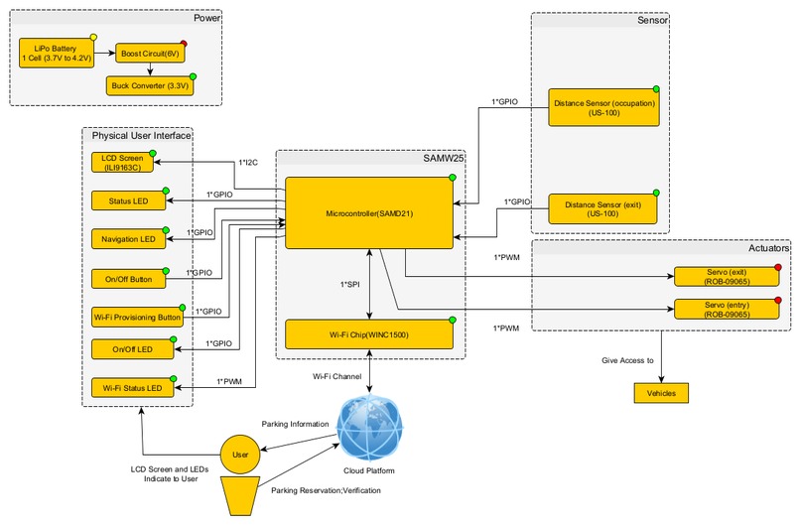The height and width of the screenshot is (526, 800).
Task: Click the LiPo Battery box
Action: pyautogui.click(x=56, y=53)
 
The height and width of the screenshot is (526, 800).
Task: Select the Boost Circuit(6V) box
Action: pyautogui.click(x=149, y=53)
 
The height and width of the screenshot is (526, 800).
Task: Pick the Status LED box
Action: pyautogui.click(x=127, y=201)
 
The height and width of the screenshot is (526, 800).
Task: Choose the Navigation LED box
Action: pyautogui.click(x=127, y=239)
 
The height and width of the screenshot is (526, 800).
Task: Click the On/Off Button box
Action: pyautogui.click(x=127, y=279)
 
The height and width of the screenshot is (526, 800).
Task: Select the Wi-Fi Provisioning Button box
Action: pyautogui.click(x=134, y=318)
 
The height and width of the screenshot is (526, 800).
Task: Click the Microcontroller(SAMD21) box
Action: pyautogui.click(x=369, y=213)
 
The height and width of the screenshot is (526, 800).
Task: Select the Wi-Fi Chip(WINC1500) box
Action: pyautogui.click(x=369, y=334)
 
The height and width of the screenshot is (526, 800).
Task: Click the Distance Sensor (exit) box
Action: pyautogui.click(x=604, y=209)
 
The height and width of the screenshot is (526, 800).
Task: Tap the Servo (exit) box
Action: pyautogui.click(x=727, y=276)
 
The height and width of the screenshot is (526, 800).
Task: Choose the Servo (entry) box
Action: pyautogui.click(x=727, y=309)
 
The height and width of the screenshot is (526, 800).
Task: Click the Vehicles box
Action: pyautogui.click(x=660, y=393)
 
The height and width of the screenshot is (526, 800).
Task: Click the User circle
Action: pyautogui.click(x=239, y=455)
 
